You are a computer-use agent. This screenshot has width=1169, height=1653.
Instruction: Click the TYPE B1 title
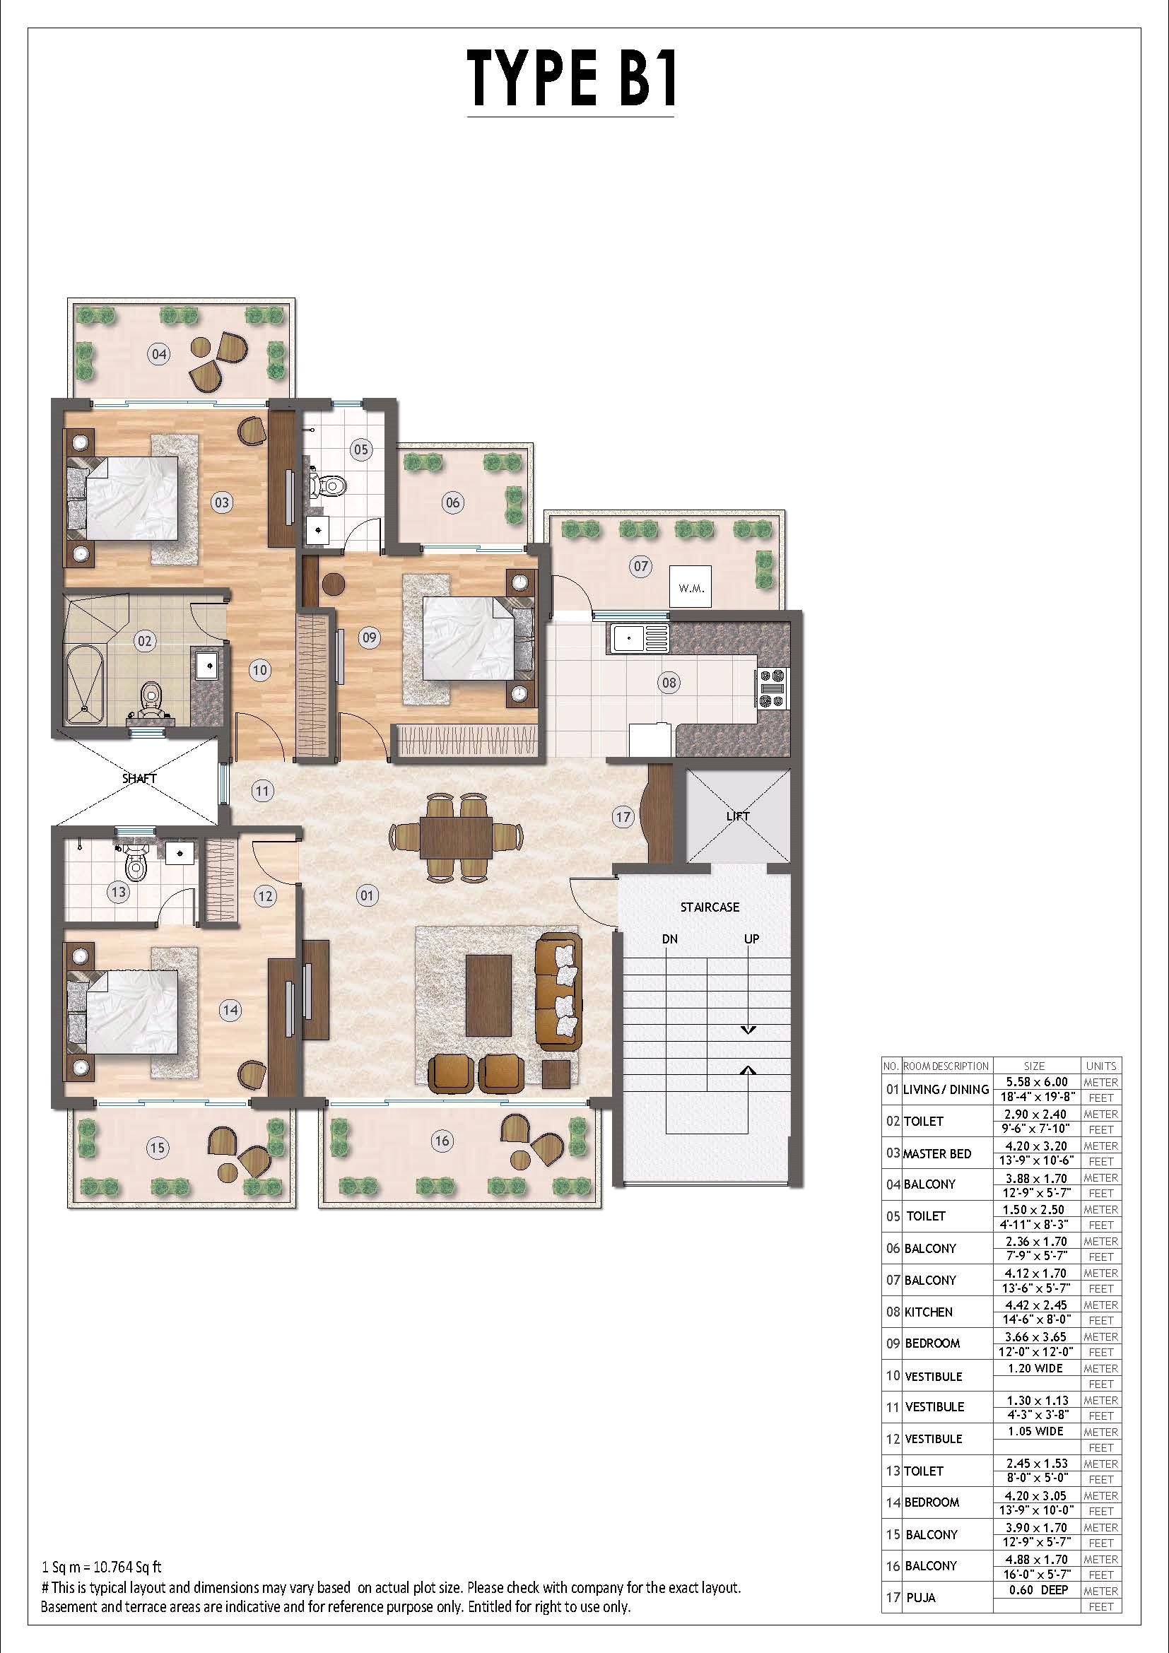pyautogui.click(x=572, y=77)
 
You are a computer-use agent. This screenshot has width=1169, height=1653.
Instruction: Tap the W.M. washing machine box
pyautogui.click(x=691, y=587)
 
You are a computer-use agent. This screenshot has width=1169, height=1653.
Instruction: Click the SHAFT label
pyautogui.click(x=140, y=778)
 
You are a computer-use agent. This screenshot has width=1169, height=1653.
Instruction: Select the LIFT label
pyautogui.click(x=737, y=816)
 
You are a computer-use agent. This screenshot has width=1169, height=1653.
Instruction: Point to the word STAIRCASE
pyautogui.click(x=710, y=907)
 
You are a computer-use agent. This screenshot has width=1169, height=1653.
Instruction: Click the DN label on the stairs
pyautogui.click(x=669, y=939)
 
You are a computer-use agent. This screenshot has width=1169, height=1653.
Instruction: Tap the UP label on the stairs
pyautogui.click(x=751, y=939)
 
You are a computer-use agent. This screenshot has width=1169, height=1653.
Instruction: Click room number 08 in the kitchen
pyautogui.click(x=669, y=682)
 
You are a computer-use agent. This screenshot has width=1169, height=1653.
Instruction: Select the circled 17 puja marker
pyautogui.click(x=623, y=816)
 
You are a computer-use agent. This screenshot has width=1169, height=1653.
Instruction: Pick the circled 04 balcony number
pyautogui.click(x=159, y=353)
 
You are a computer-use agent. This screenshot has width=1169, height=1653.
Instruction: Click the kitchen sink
pyautogui.click(x=639, y=637)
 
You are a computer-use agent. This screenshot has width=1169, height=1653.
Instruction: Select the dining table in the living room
pyautogui.click(x=457, y=837)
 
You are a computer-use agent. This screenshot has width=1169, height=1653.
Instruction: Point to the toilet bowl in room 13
pyautogui.click(x=135, y=862)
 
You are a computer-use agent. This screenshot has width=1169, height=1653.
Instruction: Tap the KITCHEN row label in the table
pyautogui.click(x=929, y=1312)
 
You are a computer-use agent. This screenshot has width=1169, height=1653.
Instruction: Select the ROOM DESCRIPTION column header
pyautogui.click(x=946, y=1066)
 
